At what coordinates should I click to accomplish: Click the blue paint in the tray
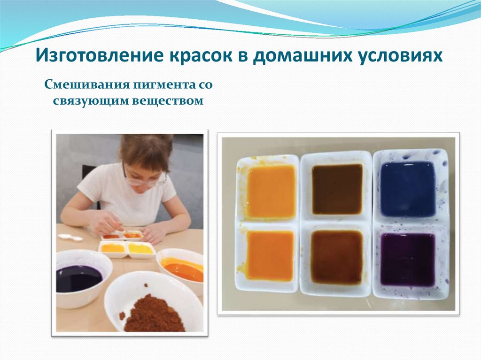click(407, 189)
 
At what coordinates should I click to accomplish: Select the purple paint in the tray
click(407, 259)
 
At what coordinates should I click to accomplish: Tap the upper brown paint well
click(337, 189)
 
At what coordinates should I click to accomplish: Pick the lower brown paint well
click(336, 257)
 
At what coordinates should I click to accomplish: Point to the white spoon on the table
click(70, 237)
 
